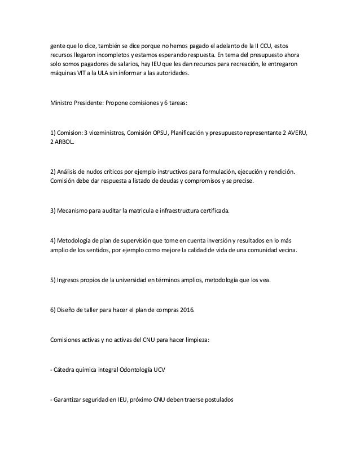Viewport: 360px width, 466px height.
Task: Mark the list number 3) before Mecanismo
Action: pos(54,210)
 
